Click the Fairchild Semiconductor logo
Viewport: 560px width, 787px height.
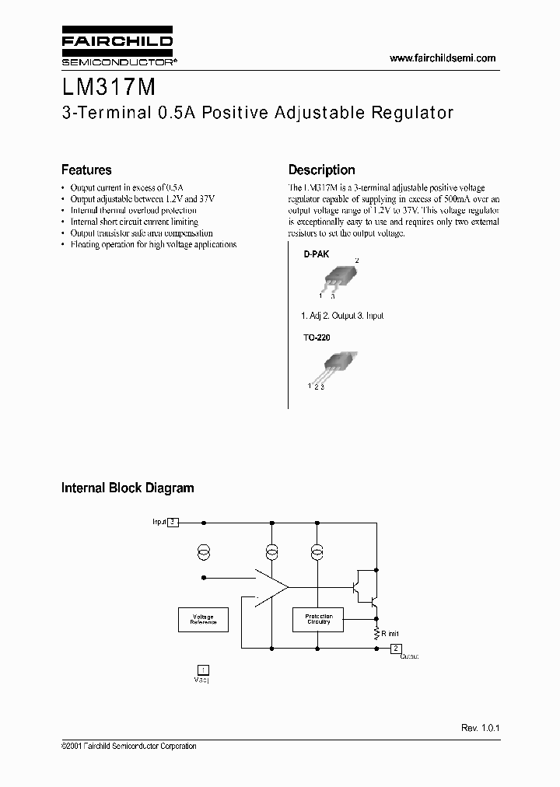pyautogui.click(x=117, y=47)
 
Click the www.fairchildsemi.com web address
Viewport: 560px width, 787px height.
pyautogui.click(x=442, y=58)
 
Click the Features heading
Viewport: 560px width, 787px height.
pyautogui.click(x=86, y=170)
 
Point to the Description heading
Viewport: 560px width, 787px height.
pyautogui.click(x=321, y=170)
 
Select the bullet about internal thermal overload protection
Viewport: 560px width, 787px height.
pyautogui.click(x=133, y=210)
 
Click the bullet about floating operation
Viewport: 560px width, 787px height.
pyautogui.click(x=152, y=244)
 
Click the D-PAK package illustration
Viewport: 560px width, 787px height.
pyautogui.click(x=338, y=277)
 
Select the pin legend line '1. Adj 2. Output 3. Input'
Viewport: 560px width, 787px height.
pyautogui.click(x=341, y=316)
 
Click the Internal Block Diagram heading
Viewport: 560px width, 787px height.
pyautogui.click(x=128, y=488)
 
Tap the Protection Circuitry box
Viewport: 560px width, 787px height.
pyautogui.click(x=318, y=619)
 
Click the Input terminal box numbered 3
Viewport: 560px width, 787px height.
pyautogui.click(x=173, y=523)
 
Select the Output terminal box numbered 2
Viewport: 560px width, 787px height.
pyautogui.click(x=395, y=648)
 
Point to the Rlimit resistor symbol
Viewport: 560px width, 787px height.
pyautogui.click(x=376, y=633)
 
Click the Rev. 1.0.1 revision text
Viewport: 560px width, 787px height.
pyautogui.click(x=479, y=727)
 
